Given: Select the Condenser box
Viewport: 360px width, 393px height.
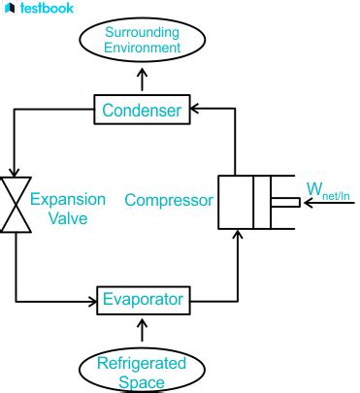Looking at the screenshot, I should (x=143, y=111).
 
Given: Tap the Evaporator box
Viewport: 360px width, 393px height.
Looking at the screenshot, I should (x=143, y=299).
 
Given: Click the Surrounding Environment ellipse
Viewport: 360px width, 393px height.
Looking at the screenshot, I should (x=144, y=38).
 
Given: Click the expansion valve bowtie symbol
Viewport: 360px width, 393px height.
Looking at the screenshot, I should (x=16, y=205).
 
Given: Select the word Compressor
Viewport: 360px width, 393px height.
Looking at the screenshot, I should (x=169, y=202).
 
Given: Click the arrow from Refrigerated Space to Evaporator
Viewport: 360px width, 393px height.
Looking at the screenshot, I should (x=144, y=330).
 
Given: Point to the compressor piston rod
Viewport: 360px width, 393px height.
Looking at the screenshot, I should (x=283, y=203).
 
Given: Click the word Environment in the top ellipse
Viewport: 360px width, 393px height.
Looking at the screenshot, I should (x=144, y=47).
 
